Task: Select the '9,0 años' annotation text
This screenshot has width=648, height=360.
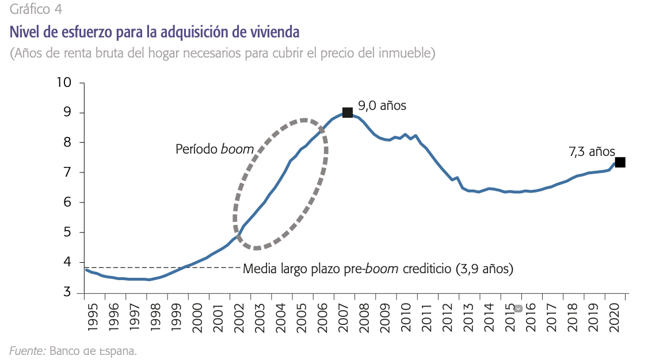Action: (x=382, y=106)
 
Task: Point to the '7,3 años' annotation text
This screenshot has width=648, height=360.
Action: (x=592, y=152)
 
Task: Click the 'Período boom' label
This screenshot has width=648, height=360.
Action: (x=214, y=149)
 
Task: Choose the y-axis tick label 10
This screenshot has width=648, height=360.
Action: (x=64, y=82)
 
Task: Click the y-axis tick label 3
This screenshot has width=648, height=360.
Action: (x=67, y=292)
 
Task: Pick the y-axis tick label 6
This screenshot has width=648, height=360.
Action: (x=67, y=202)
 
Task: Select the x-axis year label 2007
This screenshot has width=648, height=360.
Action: (x=342, y=315)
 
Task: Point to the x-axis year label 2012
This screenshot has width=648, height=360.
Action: (x=447, y=315)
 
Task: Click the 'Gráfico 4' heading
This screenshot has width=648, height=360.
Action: (x=36, y=9)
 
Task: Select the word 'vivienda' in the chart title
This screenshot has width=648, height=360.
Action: (x=273, y=30)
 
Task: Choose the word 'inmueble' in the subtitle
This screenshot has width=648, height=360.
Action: (x=405, y=53)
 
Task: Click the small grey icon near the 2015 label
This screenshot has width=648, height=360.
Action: (x=518, y=308)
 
